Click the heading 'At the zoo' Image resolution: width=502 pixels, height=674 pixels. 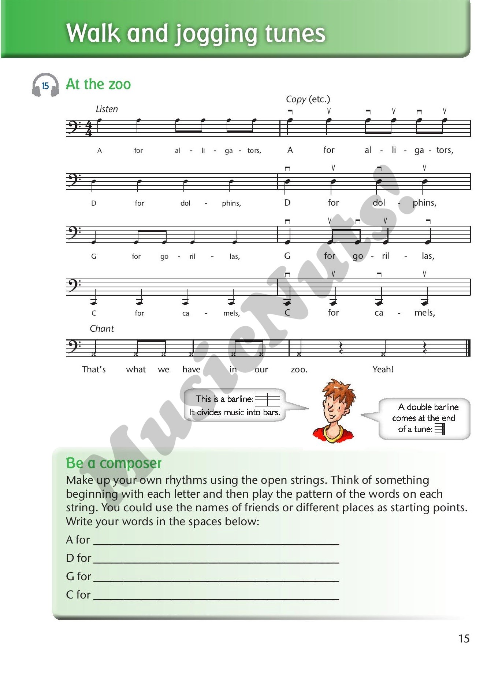[x=98, y=84]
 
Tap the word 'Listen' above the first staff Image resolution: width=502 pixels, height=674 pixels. [x=107, y=109]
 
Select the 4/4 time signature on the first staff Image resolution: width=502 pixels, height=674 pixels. [x=89, y=129]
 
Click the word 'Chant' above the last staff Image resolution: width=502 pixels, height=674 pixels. [x=102, y=329]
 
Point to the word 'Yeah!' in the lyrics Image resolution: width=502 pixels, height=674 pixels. [x=383, y=369]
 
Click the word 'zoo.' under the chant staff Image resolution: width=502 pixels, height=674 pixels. [x=299, y=369]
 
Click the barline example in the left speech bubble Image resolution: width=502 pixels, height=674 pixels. [x=268, y=399]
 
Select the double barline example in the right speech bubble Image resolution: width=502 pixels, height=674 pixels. [x=440, y=429]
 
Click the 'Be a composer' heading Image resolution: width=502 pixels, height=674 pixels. [x=114, y=463]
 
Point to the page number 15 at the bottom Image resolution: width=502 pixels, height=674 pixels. [x=464, y=639]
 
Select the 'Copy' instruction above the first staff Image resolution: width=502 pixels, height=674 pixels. [x=296, y=99]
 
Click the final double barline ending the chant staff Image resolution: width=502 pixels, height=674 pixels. [x=468, y=348]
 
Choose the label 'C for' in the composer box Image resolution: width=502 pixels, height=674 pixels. [x=78, y=594]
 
